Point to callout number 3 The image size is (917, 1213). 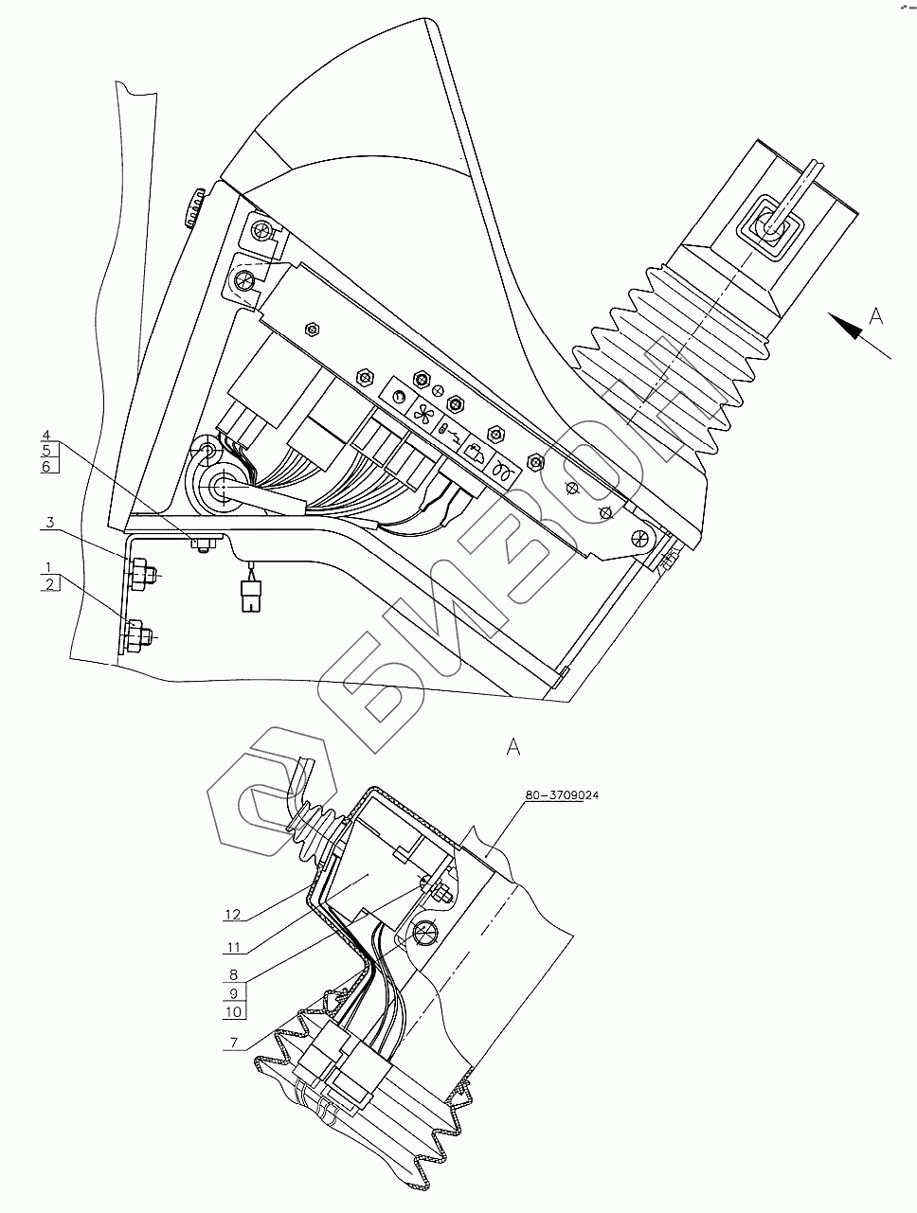click(x=49, y=522)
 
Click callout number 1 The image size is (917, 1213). click(x=46, y=566)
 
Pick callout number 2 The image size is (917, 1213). click(x=46, y=582)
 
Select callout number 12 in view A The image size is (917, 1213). click(x=233, y=915)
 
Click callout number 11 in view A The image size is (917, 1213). click(x=233, y=945)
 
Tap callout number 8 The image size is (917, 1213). click(x=233, y=974)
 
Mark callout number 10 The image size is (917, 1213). click(x=233, y=1011)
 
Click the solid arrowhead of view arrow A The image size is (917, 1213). click(x=845, y=327)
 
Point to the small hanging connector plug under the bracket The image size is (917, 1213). click(x=251, y=597)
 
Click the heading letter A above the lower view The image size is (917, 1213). click(x=513, y=746)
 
